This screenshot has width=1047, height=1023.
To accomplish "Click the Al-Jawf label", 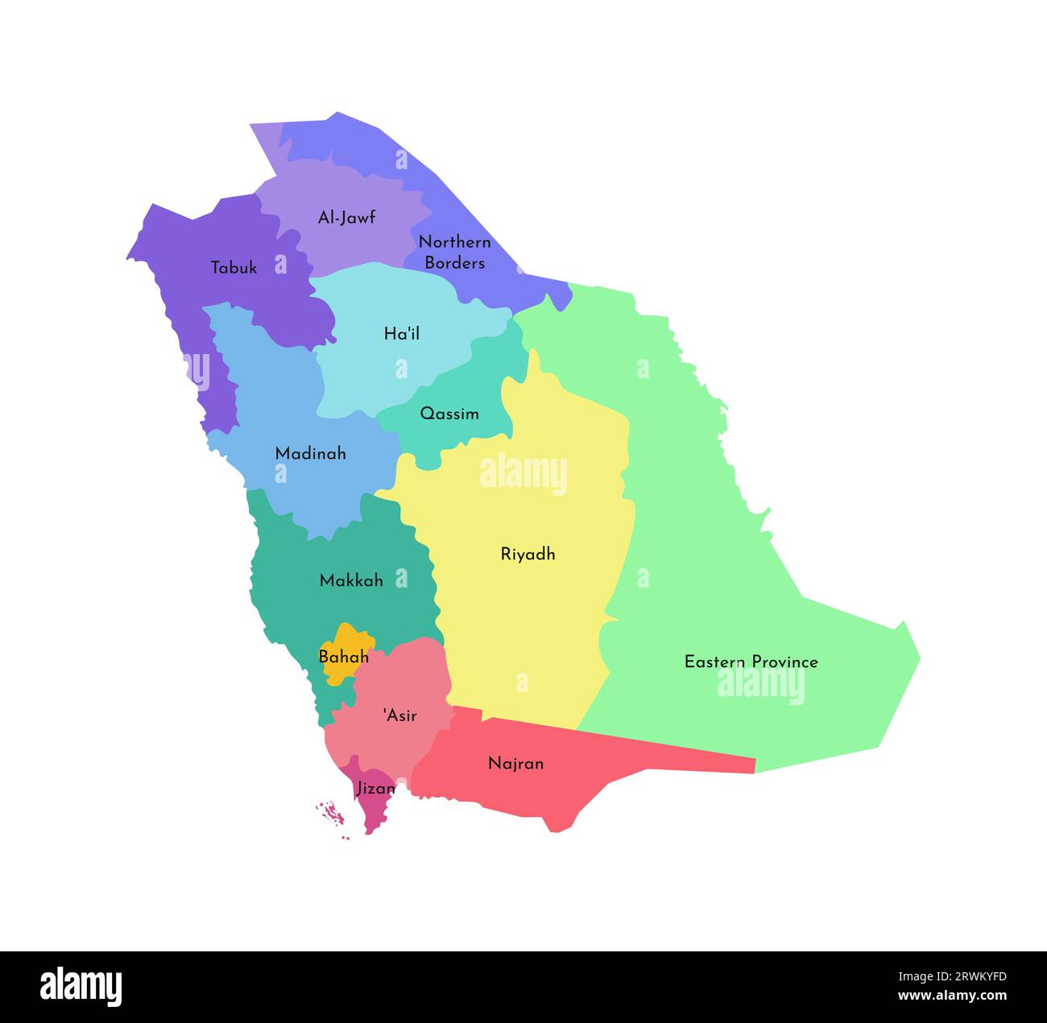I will click(x=346, y=217).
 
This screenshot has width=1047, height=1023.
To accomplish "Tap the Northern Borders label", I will click(x=454, y=252).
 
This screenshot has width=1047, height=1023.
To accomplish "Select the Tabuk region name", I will click(x=234, y=268).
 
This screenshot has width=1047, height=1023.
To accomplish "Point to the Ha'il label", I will click(x=401, y=333).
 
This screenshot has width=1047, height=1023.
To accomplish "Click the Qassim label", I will click(x=449, y=414).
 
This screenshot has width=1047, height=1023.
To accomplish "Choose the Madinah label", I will click(x=310, y=453).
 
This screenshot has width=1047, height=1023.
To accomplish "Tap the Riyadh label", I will click(x=528, y=554).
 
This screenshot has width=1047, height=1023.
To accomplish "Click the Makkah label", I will click(x=351, y=580).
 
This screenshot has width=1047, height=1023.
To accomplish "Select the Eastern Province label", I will click(x=751, y=662).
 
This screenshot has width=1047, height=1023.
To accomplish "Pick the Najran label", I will click(x=515, y=763).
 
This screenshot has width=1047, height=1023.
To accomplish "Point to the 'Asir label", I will click(x=399, y=715).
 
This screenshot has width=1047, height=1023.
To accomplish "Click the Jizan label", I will click(x=375, y=789).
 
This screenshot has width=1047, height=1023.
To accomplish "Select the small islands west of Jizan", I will click(x=330, y=814).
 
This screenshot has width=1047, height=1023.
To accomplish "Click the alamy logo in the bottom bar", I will click(x=81, y=986).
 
